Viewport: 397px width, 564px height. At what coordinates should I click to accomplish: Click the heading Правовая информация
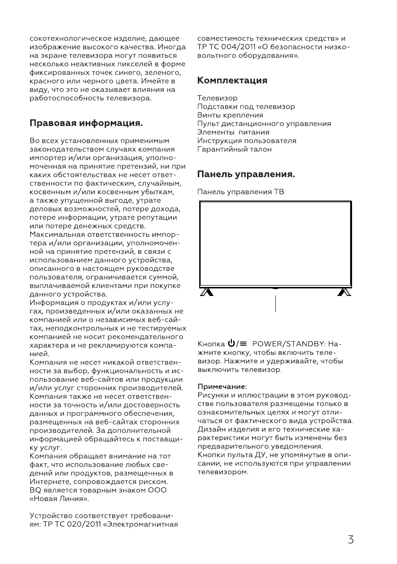click(86, 124)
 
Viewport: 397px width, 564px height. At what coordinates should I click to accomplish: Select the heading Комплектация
click(232, 81)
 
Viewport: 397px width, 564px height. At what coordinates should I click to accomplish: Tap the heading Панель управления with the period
click(246, 175)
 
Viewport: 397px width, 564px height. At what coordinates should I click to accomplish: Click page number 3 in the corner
click(351, 540)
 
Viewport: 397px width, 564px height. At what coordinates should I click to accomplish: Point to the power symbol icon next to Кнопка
click(231, 343)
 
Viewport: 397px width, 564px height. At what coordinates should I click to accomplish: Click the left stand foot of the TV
click(205, 292)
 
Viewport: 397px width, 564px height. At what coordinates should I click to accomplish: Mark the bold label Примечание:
click(222, 386)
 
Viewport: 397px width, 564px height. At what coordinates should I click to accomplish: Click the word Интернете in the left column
click(49, 482)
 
